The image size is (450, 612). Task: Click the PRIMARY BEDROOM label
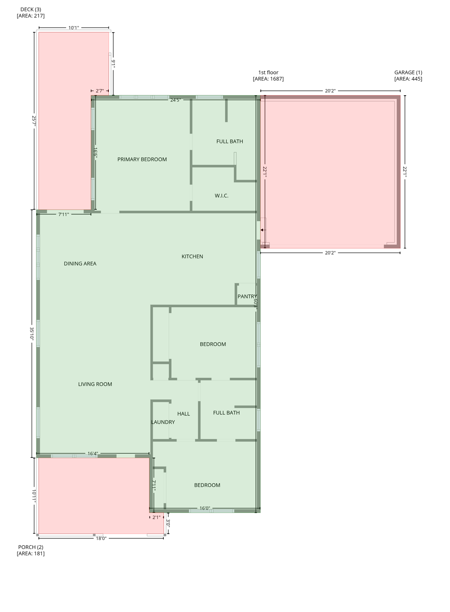pyautogui.click(x=142, y=159)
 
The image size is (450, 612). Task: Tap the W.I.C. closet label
pyautogui.click(x=222, y=196)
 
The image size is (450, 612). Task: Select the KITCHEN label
pyautogui.click(x=192, y=256)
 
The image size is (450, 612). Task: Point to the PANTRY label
pyautogui.click(x=247, y=296)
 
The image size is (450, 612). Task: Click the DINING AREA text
pyautogui.click(x=80, y=263)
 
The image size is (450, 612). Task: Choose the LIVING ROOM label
pyautogui.click(x=95, y=384)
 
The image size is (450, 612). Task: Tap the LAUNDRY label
pyautogui.click(x=163, y=422)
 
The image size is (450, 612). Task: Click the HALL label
pyautogui.click(x=183, y=414)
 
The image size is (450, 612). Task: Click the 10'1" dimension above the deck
pyautogui.click(x=74, y=28)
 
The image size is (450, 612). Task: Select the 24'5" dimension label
pyautogui.click(x=175, y=100)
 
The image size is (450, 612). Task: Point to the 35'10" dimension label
pyautogui.click(x=32, y=333)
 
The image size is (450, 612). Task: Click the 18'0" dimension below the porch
pyautogui.click(x=101, y=538)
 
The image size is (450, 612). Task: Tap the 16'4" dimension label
pyautogui.click(x=92, y=453)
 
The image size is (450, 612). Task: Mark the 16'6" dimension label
pyautogui.click(x=96, y=153)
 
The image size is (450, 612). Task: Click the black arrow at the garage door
pyautogui.click(x=262, y=230)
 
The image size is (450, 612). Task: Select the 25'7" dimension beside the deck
pyautogui.click(x=34, y=121)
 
